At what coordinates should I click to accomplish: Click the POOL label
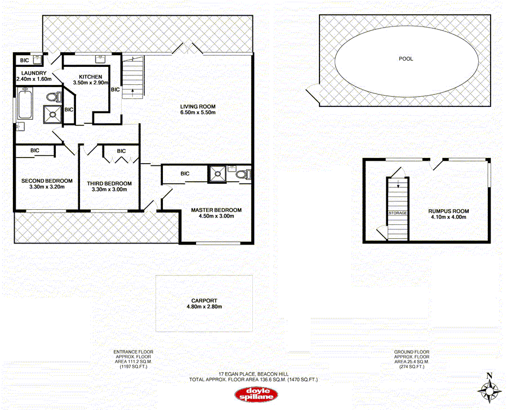click(406, 58)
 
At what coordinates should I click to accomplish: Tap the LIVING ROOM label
click(198, 106)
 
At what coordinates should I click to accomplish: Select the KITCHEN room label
click(90, 76)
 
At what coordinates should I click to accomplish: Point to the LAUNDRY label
click(34, 73)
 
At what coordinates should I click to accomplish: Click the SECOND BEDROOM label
click(47, 181)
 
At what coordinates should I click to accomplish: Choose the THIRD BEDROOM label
click(109, 183)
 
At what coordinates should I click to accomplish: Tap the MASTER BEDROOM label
click(216, 210)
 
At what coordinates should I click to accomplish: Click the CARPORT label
click(204, 301)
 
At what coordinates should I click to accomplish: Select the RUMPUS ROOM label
click(448, 211)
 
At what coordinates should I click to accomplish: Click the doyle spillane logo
click(253, 394)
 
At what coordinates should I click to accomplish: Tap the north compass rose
click(489, 388)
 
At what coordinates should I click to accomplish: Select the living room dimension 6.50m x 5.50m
click(198, 112)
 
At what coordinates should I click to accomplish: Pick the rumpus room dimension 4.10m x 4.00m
click(448, 218)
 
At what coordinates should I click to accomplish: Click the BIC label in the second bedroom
click(34, 150)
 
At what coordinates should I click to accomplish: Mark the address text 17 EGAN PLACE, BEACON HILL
click(253, 374)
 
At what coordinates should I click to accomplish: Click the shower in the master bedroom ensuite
click(216, 174)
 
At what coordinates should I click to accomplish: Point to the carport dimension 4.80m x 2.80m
click(204, 307)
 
